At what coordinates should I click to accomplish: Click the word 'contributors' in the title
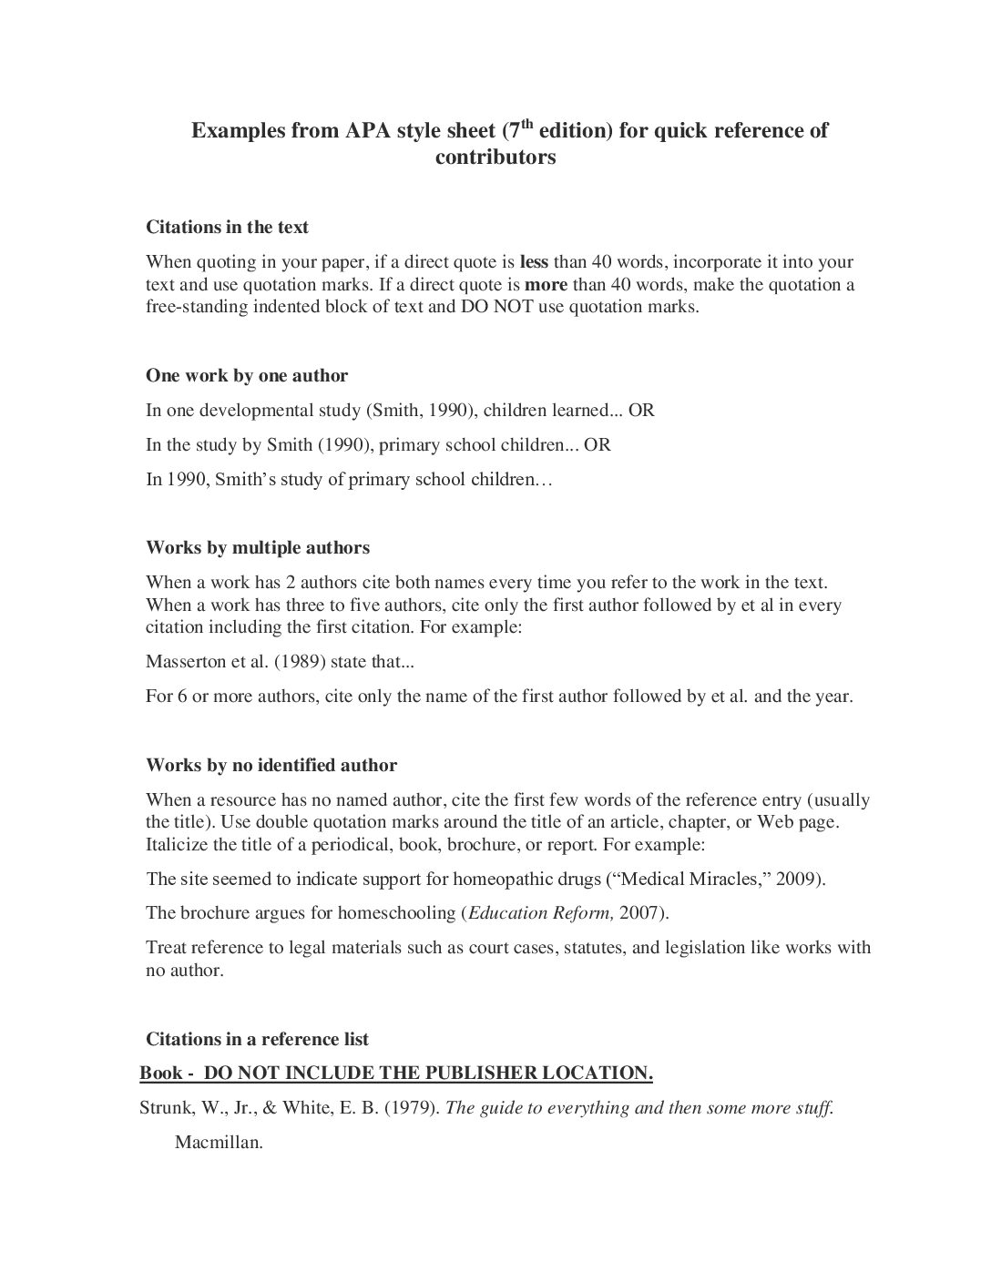495,158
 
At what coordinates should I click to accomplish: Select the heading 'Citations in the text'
228,227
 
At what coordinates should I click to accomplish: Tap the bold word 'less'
534,262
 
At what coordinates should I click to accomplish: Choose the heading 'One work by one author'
247,375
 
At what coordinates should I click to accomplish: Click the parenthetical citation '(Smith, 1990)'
420,410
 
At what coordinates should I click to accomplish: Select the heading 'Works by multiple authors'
258,548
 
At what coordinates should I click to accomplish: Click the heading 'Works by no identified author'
271,766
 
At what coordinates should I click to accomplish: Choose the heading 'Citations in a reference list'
258,1039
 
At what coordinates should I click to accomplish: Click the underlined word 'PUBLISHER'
480,1073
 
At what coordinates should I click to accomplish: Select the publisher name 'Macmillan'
219,1143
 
